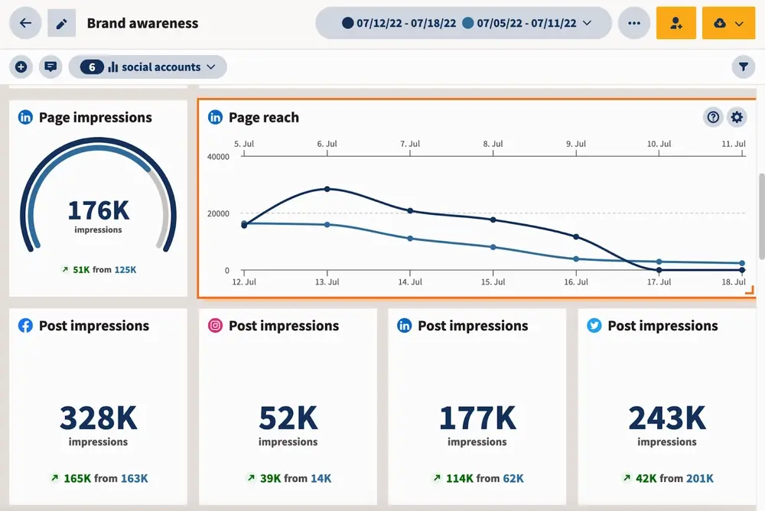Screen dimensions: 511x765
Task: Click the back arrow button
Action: click(25, 23)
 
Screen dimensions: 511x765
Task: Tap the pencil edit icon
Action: click(62, 23)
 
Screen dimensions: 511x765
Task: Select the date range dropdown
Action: click(464, 23)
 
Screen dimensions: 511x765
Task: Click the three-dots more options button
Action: click(633, 23)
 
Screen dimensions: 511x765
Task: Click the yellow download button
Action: click(728, 23)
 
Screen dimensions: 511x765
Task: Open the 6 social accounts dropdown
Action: click(148, 67)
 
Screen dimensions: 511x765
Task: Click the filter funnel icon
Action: click(743, 67)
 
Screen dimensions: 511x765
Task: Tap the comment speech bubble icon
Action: click(50, 67)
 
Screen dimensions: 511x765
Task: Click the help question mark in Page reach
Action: click(713, 117)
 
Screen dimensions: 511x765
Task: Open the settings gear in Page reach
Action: click(737, 117)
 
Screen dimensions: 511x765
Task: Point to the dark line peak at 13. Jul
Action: click(327, 189)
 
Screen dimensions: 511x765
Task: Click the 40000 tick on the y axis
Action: click(218, 157)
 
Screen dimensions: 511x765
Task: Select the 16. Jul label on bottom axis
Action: click(575, 282)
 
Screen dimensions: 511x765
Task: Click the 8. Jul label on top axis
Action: click(493, 144)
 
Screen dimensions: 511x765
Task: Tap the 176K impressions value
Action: click(98, 210)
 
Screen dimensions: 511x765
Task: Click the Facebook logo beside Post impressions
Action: click(25, 326)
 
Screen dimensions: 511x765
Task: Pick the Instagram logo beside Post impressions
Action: click(216, 326)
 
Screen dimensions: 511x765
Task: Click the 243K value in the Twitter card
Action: click(666, 418)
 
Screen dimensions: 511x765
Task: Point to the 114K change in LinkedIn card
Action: click(459, 478)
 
